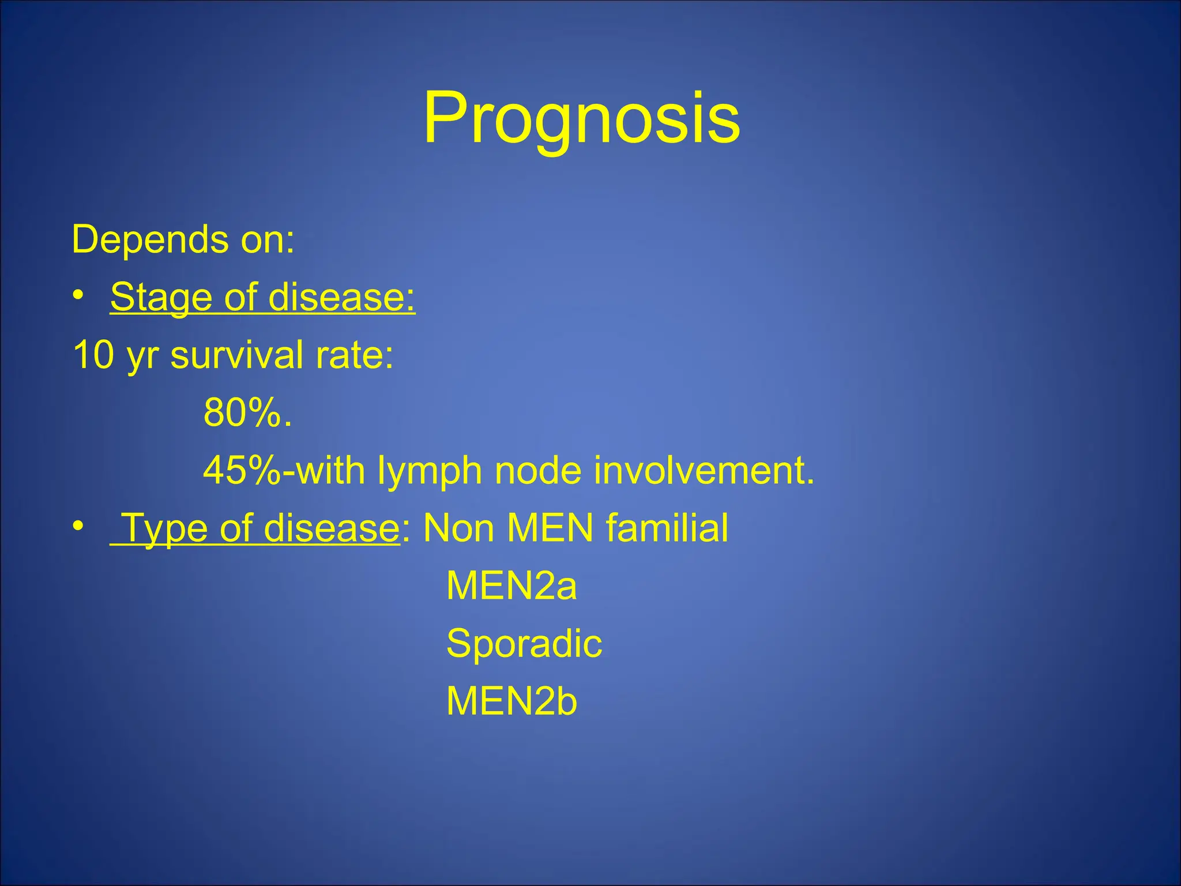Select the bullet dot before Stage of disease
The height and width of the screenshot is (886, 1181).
point(79,295)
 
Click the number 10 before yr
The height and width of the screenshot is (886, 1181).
point(94,355)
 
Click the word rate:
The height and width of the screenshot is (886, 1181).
point(355,355)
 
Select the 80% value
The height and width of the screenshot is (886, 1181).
point(247,413)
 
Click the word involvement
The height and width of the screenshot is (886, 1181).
point(704,471)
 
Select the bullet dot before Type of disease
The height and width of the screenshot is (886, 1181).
point(79,526)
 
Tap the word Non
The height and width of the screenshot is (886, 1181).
point(458,528)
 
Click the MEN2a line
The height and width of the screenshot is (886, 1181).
point(511,586)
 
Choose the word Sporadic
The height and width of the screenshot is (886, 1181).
point(524,644)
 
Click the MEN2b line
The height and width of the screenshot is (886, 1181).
point(511,701)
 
